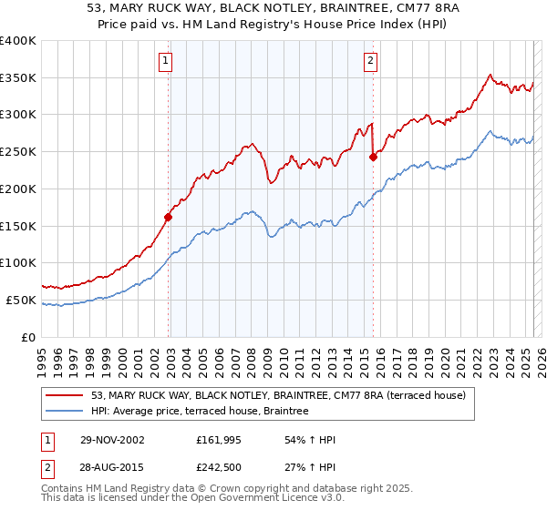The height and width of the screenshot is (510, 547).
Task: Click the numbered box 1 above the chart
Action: pos(165,62)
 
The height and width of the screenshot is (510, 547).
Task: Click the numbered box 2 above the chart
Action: pos(371,62)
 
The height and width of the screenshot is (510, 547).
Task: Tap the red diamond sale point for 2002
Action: pos(169,217)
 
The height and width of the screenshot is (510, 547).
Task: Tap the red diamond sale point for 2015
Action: pos(373,157)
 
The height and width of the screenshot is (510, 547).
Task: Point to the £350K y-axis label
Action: pos(18,78)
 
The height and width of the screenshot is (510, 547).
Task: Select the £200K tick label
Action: pos(18,189)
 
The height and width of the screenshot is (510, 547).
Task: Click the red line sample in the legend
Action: pos(66,395)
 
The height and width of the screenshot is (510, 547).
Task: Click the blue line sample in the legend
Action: pos(66,412)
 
